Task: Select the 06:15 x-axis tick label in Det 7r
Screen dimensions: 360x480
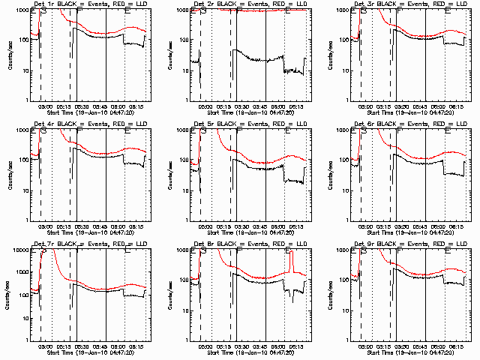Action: click(138, 344)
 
